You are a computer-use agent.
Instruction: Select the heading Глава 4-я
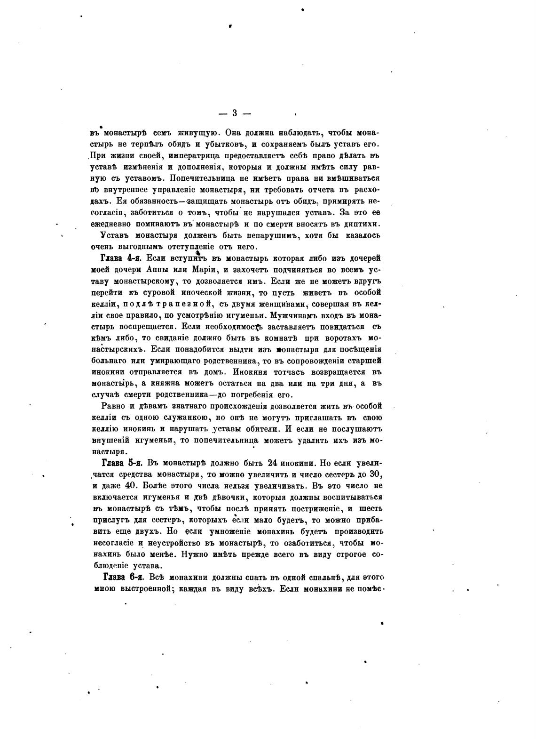121,258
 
